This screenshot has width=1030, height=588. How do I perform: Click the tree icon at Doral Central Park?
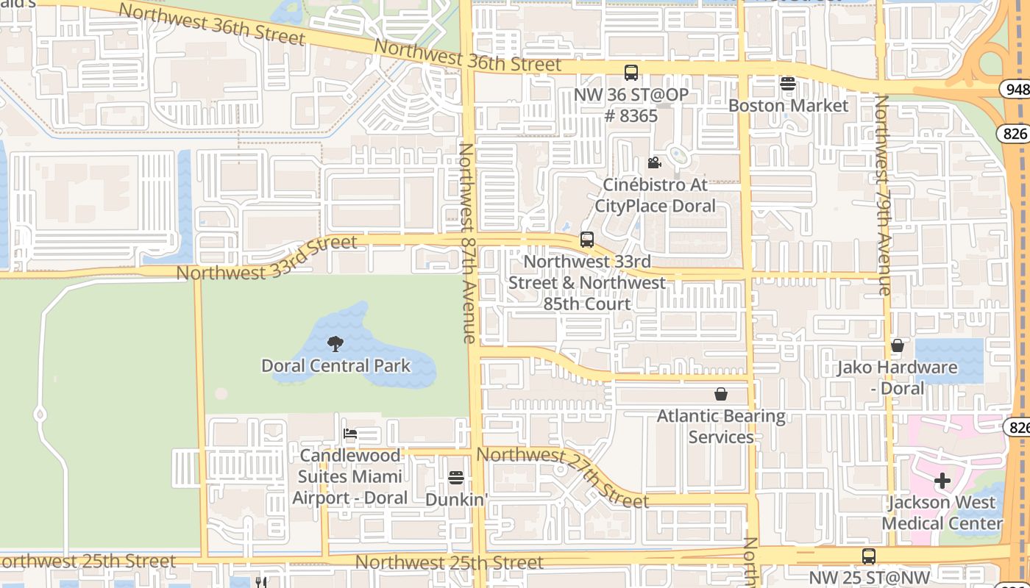[x=335, y=343]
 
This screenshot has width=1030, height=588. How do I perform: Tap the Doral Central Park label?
[x=336, y=365]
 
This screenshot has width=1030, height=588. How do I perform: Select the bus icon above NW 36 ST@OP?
[x=631, y=72]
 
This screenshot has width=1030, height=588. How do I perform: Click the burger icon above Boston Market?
[x=788, y=83]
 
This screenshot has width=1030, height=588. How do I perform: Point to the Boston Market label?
[x=788, y=105]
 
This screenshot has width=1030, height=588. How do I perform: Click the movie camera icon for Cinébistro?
[x=654, y=162]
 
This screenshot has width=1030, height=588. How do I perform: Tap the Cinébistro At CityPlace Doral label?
[x=655, y=195]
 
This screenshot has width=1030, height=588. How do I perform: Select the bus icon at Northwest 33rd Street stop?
[x=586, y=239]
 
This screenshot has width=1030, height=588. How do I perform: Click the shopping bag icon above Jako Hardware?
[x=897, y=345]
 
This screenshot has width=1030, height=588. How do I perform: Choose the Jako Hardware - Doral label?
[x=897, y=377]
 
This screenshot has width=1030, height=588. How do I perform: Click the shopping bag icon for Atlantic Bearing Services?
[x=721, y=394]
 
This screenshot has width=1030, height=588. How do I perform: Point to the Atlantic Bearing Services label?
[x=721, y=426]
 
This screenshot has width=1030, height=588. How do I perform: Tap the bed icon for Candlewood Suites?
[x=350, y=434]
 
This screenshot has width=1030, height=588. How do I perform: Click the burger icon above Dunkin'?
[x=456, y=478]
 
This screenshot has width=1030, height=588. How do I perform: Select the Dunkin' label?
[x=456, y=499]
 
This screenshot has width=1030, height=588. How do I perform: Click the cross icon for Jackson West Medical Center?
[x=942, y=481]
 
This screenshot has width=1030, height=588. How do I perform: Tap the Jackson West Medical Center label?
[x=942, y=513]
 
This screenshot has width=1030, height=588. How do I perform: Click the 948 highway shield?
[x=1015, y=89]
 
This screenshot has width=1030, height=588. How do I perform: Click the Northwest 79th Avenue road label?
[x=883, y=195]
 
